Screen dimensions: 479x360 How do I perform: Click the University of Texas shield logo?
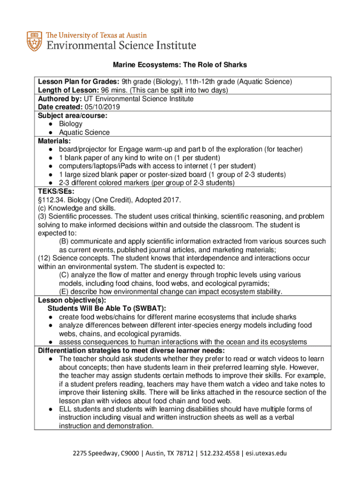[x=34, y=41]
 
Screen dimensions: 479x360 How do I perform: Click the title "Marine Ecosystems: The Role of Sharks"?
[x=180, y=65]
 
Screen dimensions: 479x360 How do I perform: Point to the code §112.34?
[x=51, y=200]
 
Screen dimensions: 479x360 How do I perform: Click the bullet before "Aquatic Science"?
[x=50, y=132]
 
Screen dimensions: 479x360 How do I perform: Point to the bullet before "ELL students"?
[x=50, y=409]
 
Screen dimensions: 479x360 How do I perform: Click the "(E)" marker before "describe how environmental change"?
[x=64, y=292]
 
